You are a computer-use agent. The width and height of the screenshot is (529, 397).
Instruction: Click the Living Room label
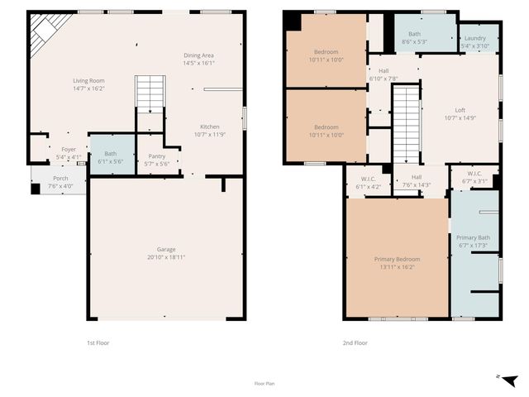point(89,80)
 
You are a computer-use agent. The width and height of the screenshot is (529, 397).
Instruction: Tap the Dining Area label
point(198,55)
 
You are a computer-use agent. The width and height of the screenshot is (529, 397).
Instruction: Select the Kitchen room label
point(209,127)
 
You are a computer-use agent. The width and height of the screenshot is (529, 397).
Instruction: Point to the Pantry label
point(156,155)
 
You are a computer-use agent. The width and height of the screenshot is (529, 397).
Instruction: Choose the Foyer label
point(68,150)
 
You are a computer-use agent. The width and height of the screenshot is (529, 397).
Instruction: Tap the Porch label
point(61,178)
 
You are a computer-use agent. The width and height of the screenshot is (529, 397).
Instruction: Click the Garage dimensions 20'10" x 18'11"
point(166,256)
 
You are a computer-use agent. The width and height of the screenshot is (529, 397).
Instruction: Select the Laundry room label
point(474,38)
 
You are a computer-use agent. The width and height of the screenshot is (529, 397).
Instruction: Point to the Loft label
point(460,110)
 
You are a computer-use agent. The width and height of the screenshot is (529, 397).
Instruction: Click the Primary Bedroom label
point(397,260)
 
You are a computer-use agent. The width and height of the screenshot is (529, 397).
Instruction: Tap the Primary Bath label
point(474,237)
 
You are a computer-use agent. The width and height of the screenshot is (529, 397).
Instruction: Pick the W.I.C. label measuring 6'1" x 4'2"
point(368,179)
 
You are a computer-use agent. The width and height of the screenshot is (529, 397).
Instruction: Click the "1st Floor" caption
point(98,342)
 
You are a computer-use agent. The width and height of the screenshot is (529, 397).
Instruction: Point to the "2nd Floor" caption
point(355,342)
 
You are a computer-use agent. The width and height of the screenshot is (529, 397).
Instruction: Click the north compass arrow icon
point(509,380)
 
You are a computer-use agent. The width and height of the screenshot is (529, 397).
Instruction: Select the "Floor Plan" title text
point(264,384)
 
